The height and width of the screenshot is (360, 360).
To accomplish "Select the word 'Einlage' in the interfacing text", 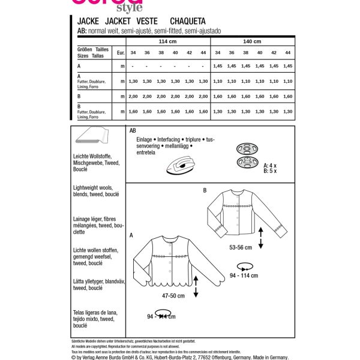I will [146, 138].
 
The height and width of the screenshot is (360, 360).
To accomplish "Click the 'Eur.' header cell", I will [121, 53].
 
